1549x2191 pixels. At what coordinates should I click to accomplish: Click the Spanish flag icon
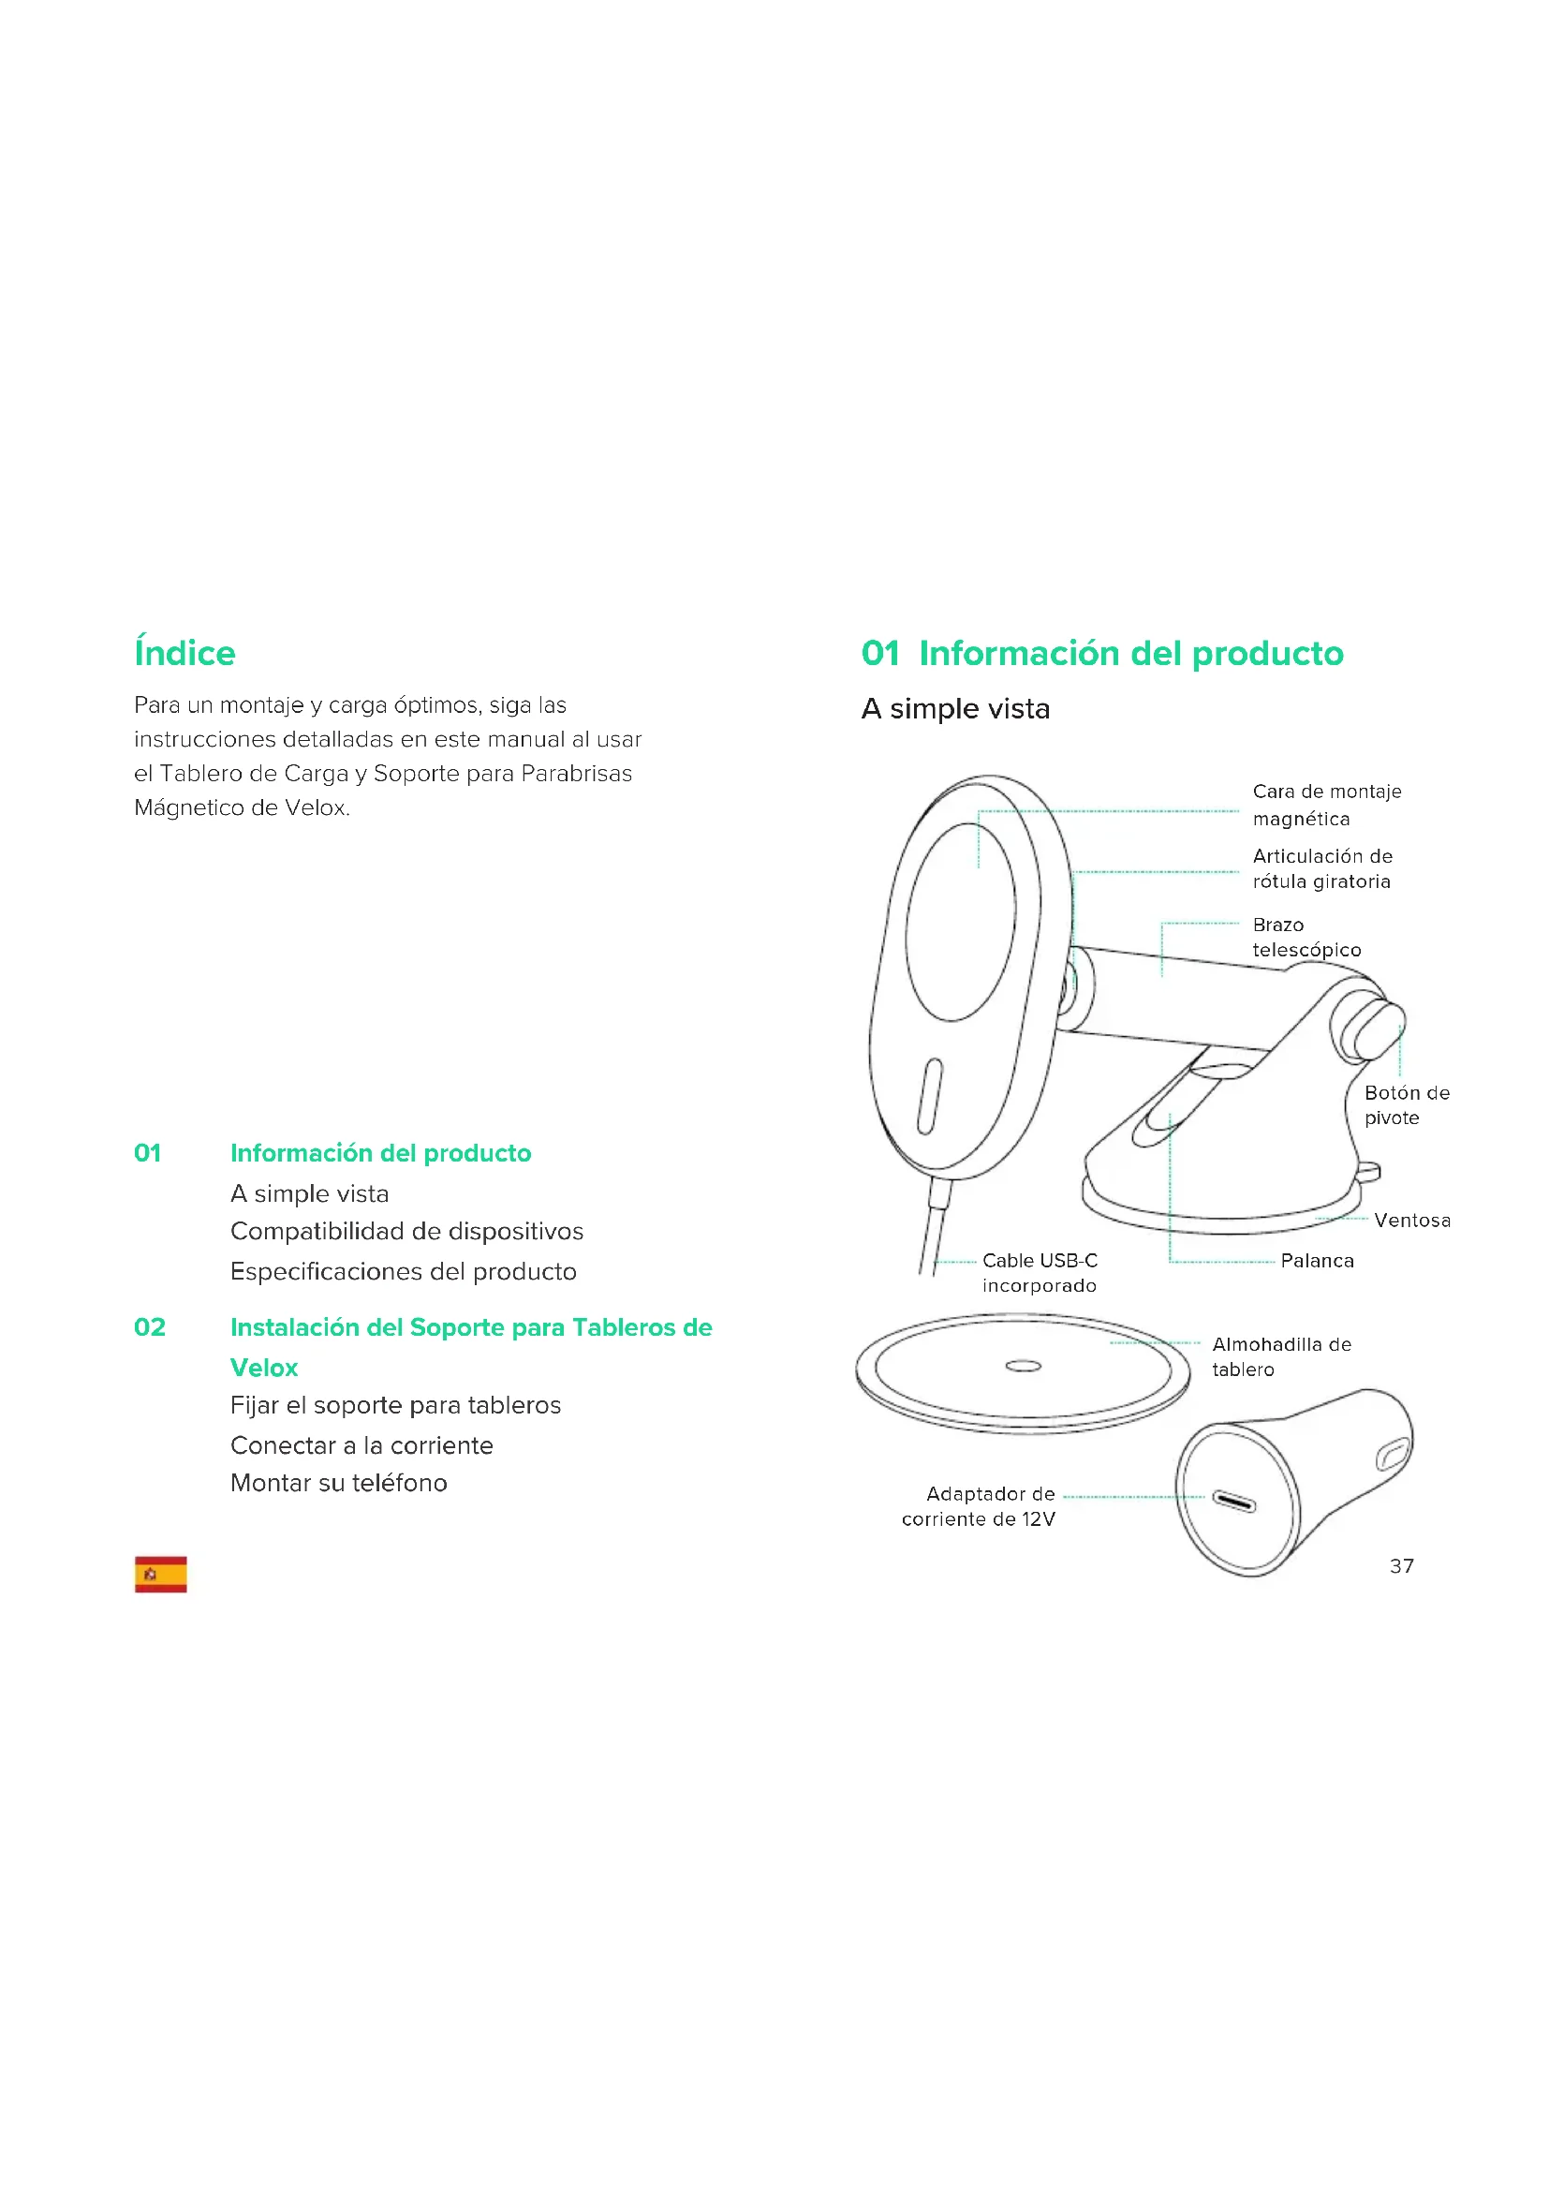pos(160,1574)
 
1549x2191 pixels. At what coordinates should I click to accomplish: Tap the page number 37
pos(1401,1566)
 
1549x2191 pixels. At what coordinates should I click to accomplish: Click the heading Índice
pos(184,653)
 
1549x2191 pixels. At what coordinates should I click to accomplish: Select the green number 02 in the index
pos(150,1326)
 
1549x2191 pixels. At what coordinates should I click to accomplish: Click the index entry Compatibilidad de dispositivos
pos(406,1231)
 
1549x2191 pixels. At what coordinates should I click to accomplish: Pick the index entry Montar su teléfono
pos(339,1483)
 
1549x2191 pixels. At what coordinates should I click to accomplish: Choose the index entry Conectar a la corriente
pos(361,1444)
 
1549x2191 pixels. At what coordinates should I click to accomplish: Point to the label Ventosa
pos(1411,1220)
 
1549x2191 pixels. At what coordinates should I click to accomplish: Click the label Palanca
pos(1316,1261)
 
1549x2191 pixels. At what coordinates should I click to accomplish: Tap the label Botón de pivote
pos(1406,1105)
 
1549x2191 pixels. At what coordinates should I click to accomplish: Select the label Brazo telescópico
pos(1306,937)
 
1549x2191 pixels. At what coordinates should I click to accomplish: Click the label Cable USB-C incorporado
pos(1040,1273)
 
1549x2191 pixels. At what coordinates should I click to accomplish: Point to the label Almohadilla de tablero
pos(1281,1357)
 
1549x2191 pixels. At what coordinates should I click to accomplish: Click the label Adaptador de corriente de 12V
pos(980,1506)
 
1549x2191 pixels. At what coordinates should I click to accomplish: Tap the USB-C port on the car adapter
pos(1233,1502)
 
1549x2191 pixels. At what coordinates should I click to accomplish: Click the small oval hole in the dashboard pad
pos(1024,1367)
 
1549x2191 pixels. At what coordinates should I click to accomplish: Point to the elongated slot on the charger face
pos(930,1097)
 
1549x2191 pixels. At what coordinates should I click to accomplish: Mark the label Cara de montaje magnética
pos(1326,805)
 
